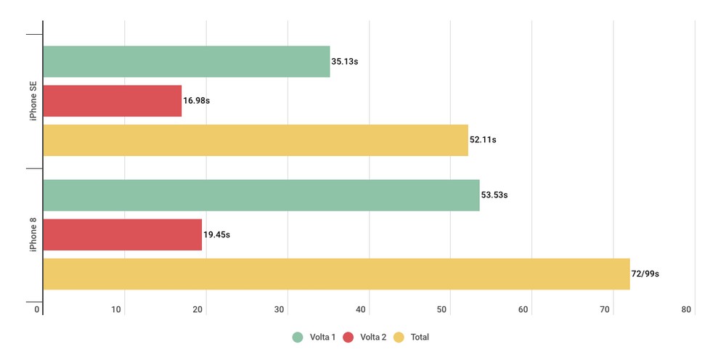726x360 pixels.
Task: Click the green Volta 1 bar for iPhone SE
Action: click(187, 62)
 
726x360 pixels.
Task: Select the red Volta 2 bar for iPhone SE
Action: click(113, 101)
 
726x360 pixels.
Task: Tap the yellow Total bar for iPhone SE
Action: click(256, 140)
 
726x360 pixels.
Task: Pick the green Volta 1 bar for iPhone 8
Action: click(261, 195)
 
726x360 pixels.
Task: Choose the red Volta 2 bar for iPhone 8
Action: click(123, 234)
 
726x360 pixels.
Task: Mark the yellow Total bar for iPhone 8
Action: click(336, 274)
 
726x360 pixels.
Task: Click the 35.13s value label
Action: click(345, 62)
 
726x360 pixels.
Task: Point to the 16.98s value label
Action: click(196, 101)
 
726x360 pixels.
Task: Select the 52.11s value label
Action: click(483, 140)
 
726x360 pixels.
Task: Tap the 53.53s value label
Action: click(494, 195)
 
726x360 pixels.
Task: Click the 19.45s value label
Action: click(217, 234)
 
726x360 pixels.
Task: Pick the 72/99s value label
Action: click(645, 274)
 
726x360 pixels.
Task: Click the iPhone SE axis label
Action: click(33, 101)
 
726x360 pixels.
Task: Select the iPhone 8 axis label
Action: click(33, 234)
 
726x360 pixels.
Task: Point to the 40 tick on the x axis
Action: click(361, 310)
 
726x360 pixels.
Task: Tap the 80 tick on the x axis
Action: click(686, 310)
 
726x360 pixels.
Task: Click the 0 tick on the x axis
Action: click(37, 310)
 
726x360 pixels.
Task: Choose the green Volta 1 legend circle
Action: click(298, 337)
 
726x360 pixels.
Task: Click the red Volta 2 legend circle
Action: click(348, 337)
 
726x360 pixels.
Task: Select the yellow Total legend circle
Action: click(399, 337)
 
